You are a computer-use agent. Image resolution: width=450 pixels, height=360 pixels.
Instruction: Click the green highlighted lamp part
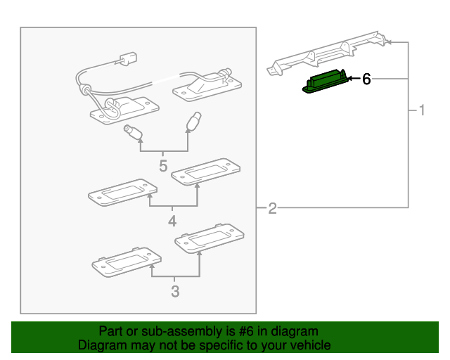click(326, 81)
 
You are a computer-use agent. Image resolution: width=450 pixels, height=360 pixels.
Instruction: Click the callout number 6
click(366, 79)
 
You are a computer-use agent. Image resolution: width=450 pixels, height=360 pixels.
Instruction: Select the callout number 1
click(422, 110)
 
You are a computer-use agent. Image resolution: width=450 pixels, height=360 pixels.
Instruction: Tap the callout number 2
click(272, 208)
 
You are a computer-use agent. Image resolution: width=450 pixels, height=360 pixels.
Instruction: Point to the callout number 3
click(175, 291)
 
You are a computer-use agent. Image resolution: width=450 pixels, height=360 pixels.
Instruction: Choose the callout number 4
click(172, 223)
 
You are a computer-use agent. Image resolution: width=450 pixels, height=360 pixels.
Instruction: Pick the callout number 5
click(163, 167)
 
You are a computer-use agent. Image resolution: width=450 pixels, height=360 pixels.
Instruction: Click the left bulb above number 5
click(134, 131)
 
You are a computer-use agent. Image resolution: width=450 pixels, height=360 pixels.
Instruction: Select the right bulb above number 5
click(193, 122)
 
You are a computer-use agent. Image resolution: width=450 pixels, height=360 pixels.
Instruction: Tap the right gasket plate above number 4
click(205, 171)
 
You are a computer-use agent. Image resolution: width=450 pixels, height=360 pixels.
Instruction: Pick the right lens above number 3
click(209, 238)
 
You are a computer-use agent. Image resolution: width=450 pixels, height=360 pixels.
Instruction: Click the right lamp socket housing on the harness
click(204, 85)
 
